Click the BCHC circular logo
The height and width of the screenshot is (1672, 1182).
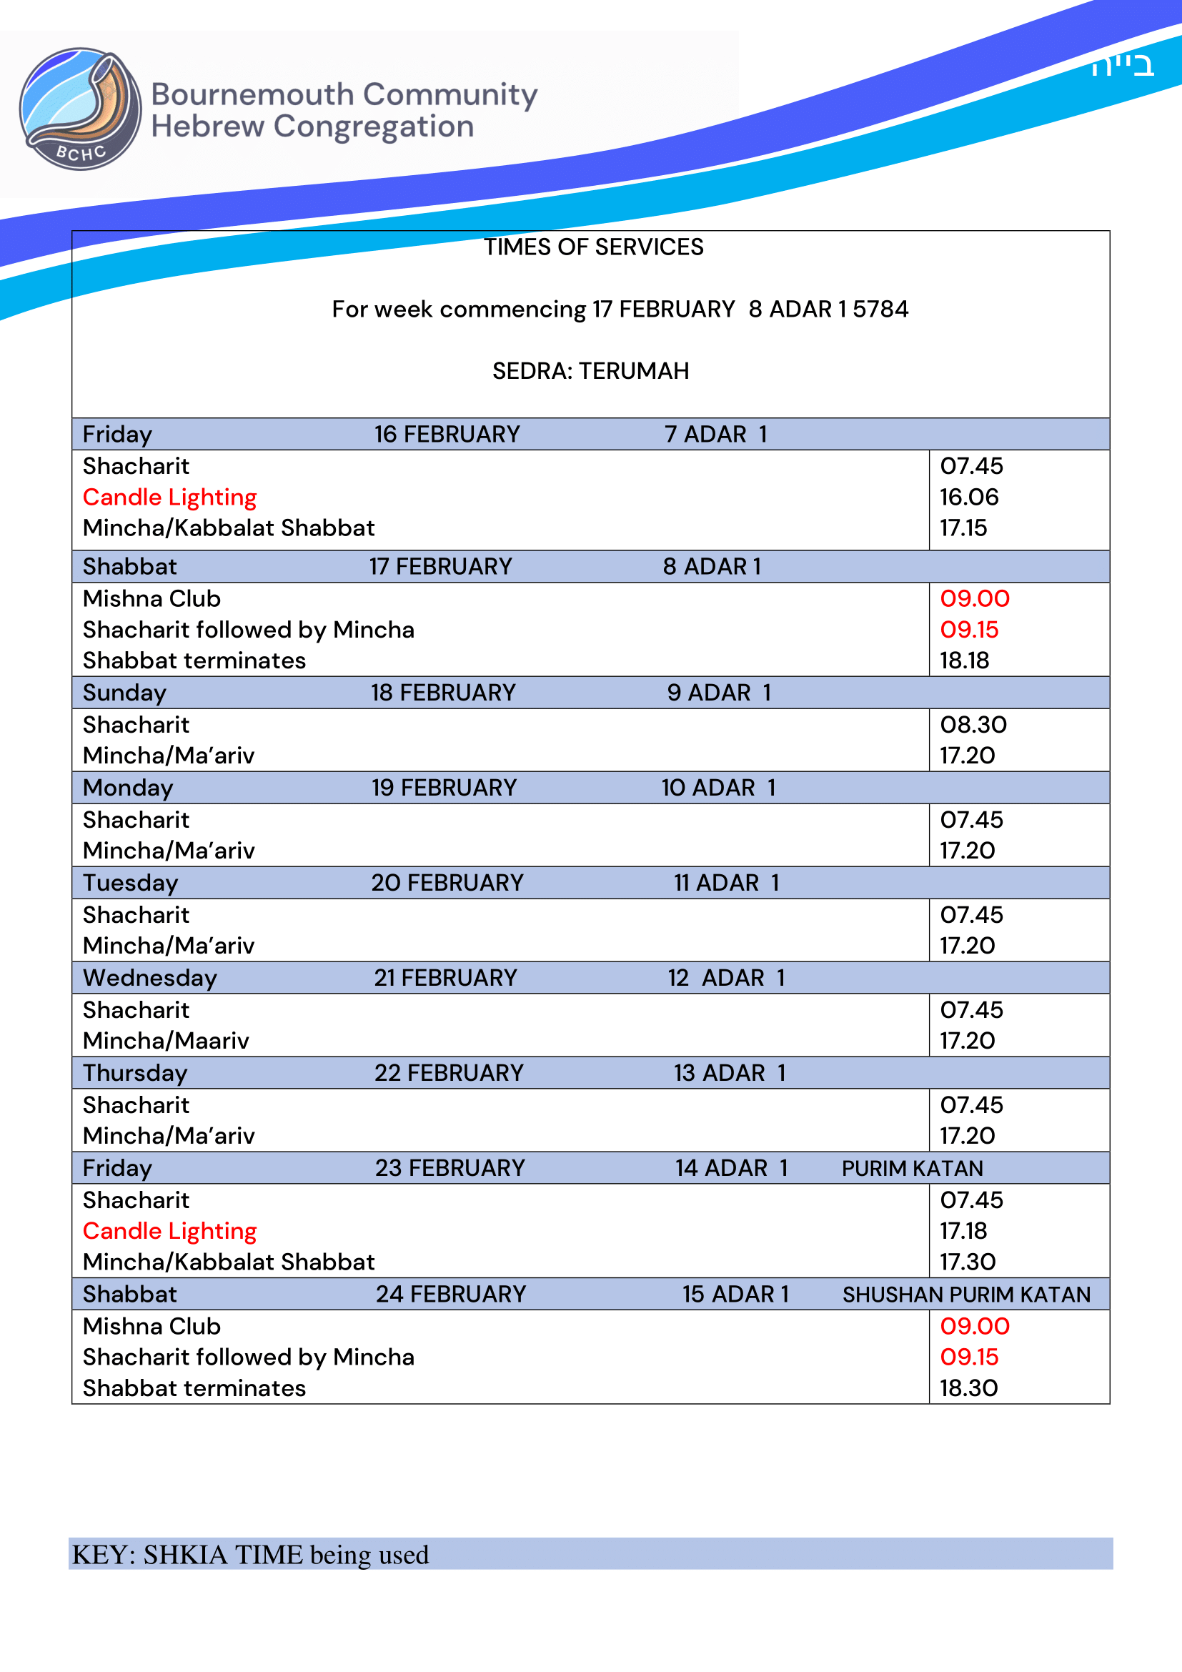click(80, 109)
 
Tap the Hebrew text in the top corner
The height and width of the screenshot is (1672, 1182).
click(1121, 66)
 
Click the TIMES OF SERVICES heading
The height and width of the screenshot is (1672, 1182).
click(594, 247)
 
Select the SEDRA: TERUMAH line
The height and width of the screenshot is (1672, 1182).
click(590, 372)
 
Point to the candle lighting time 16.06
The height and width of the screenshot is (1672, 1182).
click(969, 498)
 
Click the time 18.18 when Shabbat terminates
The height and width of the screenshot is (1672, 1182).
click(964, 661)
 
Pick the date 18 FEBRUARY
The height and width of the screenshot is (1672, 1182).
click(443, 693)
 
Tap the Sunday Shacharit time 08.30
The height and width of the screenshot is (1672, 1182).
click(973, 725)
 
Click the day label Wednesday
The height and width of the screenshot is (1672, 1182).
click(150, 978)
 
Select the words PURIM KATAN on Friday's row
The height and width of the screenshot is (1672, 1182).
click(912, 1168)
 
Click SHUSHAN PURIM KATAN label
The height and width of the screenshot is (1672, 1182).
click(966, 1294)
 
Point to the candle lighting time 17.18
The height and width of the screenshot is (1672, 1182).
click(963, 1231)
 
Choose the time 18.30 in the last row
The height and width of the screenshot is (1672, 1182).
click(969, 1388)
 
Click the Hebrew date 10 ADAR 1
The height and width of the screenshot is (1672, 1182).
click(718, 788)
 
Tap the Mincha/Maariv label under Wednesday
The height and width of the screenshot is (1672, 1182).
click(166, 1041)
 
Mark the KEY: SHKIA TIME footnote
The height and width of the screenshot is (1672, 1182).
click(250, 1555)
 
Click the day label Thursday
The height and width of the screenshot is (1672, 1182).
click(135, 1073)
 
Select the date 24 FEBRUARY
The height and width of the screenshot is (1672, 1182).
click(450, 1294)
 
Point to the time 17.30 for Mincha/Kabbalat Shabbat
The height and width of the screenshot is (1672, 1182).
click(968, 1262)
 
